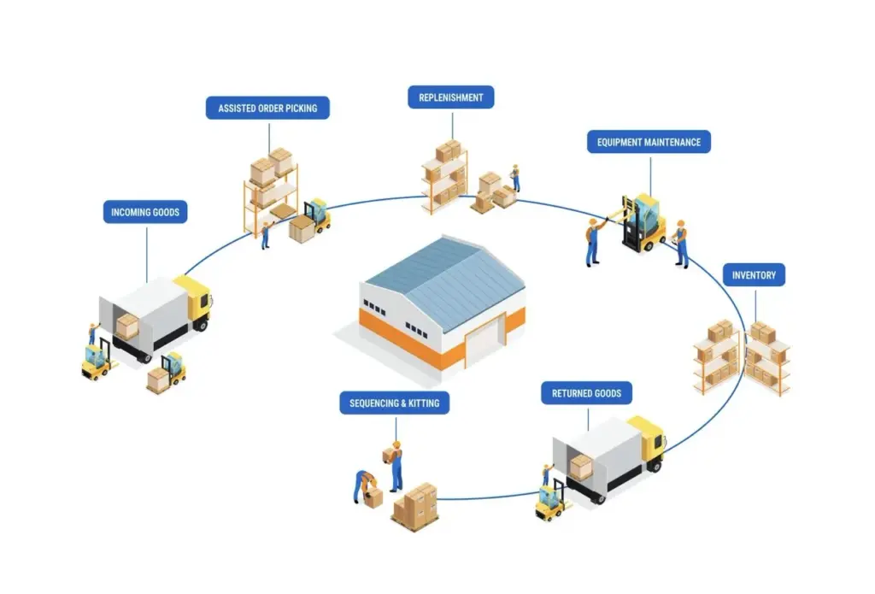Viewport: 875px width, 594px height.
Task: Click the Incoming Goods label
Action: coord(145,212)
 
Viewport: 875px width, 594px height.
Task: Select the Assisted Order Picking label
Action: coord(267,109)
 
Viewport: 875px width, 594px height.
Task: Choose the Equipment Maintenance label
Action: coord(649,142)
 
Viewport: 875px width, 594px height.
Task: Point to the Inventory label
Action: coord(753,275)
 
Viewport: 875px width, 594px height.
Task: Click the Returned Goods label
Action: coord(586,394)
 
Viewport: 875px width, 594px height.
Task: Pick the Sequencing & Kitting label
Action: coord(394,403)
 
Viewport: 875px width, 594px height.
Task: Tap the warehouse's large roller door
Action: coord(481,347)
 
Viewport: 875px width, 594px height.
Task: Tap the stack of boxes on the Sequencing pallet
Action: coord(416,503)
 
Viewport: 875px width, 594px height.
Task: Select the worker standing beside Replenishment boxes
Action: coord(514,178)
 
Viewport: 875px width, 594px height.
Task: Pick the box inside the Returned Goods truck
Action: coord(581,466)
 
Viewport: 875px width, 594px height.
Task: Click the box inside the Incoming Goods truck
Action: coord(127,326)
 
